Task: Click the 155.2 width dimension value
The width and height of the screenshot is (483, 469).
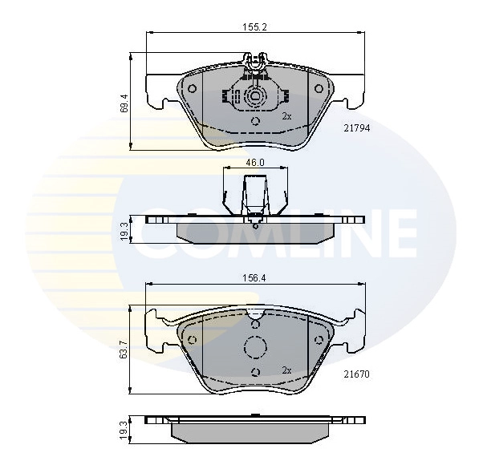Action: pos(254,27)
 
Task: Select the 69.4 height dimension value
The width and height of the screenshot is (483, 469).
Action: pos(124,103)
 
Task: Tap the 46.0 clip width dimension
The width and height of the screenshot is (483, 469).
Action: pos(255,162)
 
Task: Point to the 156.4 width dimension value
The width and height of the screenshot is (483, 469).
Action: pos(254,278)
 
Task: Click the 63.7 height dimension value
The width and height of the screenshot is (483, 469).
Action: pos(124,350)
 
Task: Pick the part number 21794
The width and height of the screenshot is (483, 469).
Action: pos(357,128)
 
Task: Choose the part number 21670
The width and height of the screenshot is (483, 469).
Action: pos(357,374)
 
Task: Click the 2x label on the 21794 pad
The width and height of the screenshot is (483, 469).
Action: pos(286,116)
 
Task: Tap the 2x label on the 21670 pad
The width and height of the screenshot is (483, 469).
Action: pos(286,370)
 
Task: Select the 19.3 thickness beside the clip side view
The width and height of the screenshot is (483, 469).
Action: pos(124,231)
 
